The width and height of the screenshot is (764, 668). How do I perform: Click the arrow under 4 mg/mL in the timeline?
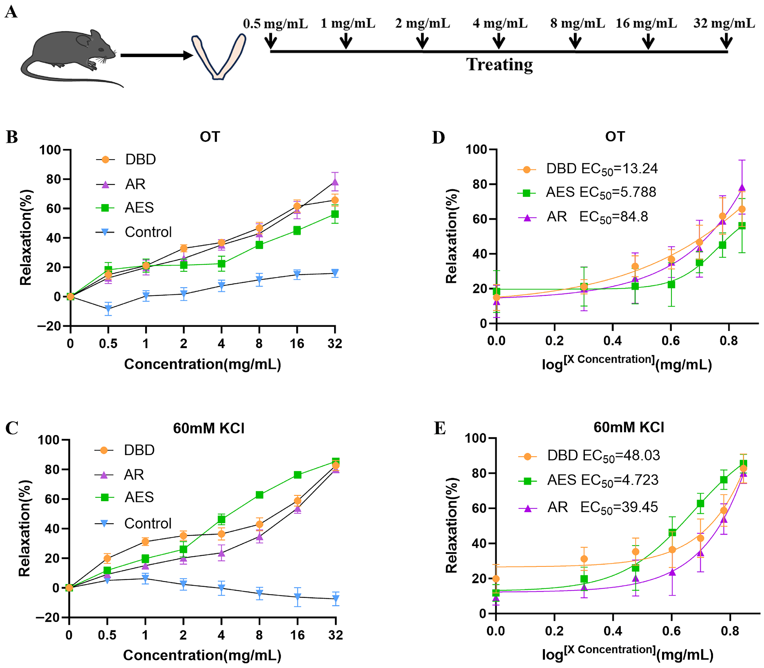click(499, 40)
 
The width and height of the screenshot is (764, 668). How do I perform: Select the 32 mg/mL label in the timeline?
click(724, 23)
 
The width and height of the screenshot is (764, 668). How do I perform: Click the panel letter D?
click(439, 137)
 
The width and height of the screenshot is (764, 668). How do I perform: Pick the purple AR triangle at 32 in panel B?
click(335, 182)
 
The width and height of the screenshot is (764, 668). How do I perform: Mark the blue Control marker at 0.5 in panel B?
click(108, 309)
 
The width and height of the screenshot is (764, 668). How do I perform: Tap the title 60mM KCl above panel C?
click(209, 428)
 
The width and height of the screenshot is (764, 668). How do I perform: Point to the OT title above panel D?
click(615, 137)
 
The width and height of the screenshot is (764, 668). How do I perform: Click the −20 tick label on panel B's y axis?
click(49, 326)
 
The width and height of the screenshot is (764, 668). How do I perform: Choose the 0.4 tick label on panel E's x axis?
click(613, 631)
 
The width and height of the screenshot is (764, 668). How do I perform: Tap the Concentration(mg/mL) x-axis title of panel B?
click(202, 364)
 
